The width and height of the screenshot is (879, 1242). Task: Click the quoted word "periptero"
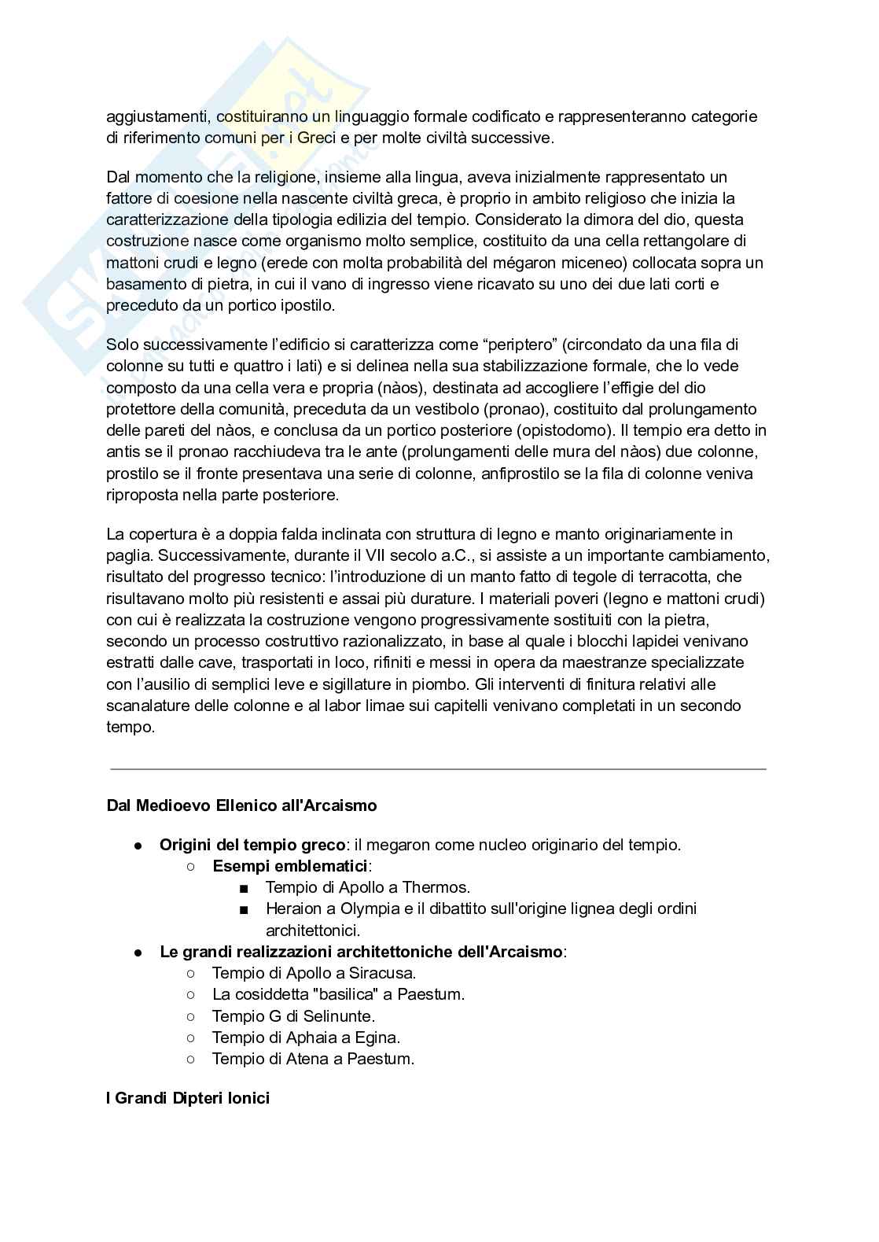[520, 344]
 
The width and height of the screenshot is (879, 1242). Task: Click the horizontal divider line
[438, 768]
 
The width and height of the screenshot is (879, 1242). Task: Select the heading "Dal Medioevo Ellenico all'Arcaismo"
[241, 805]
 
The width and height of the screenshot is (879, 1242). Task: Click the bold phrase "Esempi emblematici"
[290, 866]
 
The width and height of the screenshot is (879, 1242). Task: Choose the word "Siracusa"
[383, 973]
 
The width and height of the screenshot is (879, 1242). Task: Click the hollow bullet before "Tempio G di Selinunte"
[191, 1015]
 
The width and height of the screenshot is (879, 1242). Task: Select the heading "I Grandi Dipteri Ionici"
[188, 1097]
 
